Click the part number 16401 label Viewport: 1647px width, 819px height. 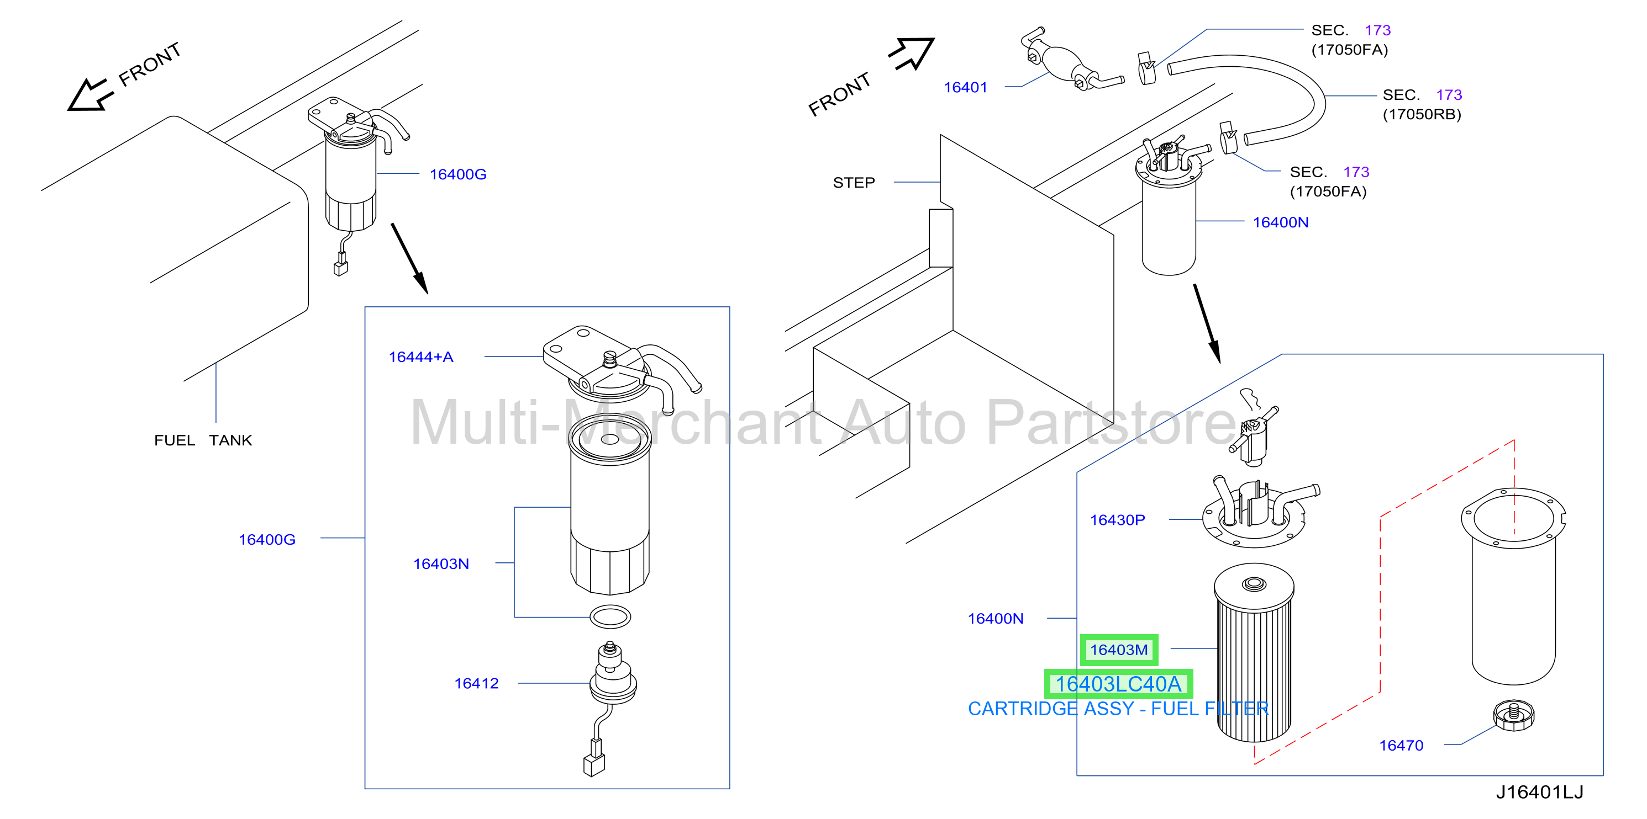pos(965,88)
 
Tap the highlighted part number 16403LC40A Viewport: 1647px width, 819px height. pos(1118,684)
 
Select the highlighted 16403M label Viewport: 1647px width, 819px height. pos(1119,650)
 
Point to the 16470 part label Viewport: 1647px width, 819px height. pos(1401,746)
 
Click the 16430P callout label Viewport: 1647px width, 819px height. pos(1117,520)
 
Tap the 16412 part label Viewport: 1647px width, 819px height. pos(476,684)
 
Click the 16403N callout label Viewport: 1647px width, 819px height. pos(441,564)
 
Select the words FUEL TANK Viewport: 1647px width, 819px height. pos(203,441)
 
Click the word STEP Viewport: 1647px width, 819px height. pos(854,183)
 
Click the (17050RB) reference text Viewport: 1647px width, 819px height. pos(1422,114)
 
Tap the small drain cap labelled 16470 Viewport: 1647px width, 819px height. pos(1514,715)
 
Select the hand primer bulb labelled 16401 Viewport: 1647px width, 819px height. pos(1071,61)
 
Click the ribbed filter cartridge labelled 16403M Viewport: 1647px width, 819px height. pos(1254,652)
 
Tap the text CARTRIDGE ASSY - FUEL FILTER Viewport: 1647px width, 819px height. pos(1118,709)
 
